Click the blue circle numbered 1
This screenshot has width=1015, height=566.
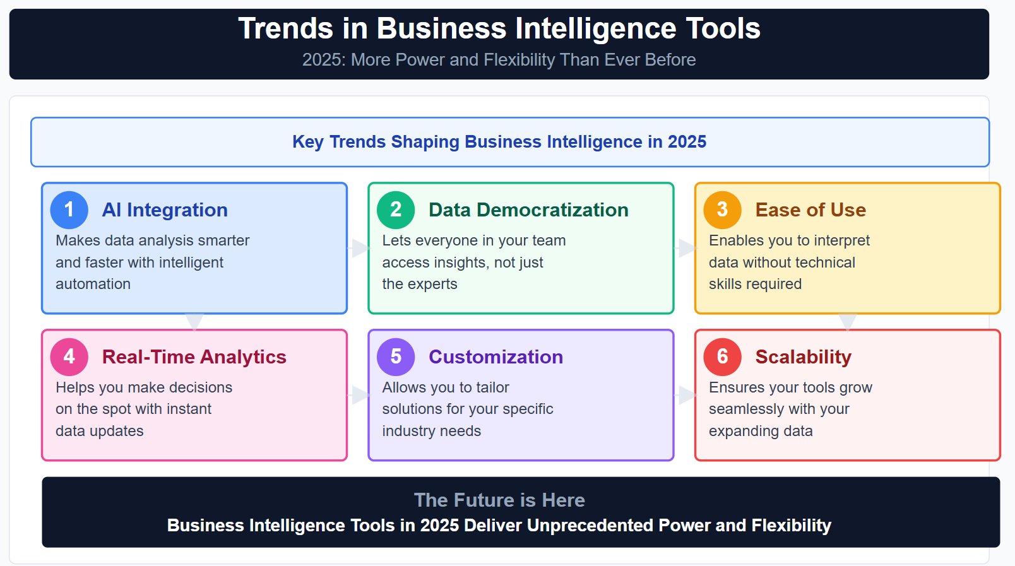tap(69, 210)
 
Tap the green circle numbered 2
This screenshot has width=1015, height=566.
tap(396, 210)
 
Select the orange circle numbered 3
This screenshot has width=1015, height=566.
tap(722, 210)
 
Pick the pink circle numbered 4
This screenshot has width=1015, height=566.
tap(69, 357)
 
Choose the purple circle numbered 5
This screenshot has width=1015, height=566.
tap(396, 357)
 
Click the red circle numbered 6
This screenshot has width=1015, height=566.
tap(722, 357)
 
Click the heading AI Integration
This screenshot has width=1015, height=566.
tap(165, 210)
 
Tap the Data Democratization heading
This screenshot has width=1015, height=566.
tap(528, 210)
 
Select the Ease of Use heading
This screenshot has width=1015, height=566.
tap(810, 210)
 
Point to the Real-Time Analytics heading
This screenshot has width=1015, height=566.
tap(194, 357)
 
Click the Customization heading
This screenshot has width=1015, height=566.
tap(496, 357)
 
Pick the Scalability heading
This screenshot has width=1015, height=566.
tap(803, 357)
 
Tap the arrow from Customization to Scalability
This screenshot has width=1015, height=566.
tap(686, 396)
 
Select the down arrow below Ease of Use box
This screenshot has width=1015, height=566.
tap(847, 321)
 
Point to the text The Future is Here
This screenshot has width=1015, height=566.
tap(499, 500)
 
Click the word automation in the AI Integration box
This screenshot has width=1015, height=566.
tap(93, 285)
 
